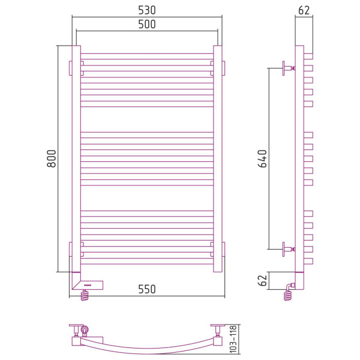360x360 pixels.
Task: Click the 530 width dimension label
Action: (147, 10)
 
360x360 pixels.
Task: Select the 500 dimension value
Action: (147, 25)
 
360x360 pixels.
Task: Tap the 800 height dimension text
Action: (52, 158)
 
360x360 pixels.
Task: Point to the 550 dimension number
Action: (147, 289)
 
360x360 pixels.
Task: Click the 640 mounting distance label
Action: (263, 158)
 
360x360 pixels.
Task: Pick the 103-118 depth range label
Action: (233, 339)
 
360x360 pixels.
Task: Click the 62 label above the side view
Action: (304, 10)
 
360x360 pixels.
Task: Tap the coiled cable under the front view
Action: (85, 295)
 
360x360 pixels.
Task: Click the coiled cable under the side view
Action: (287, 295)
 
